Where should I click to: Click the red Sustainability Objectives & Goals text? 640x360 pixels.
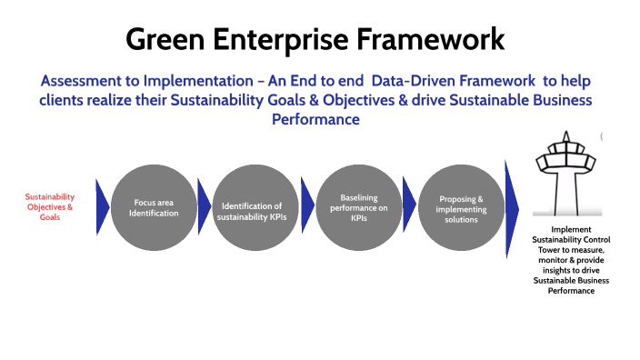tap(50, 206)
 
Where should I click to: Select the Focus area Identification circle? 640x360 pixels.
tap(154, 206)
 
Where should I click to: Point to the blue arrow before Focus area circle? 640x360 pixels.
tap(102, 206)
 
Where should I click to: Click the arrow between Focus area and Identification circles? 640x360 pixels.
tap(204, 206)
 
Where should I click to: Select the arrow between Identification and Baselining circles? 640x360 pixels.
tap(307, 206)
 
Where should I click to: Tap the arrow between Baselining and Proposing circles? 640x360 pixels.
tap(409, 206)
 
